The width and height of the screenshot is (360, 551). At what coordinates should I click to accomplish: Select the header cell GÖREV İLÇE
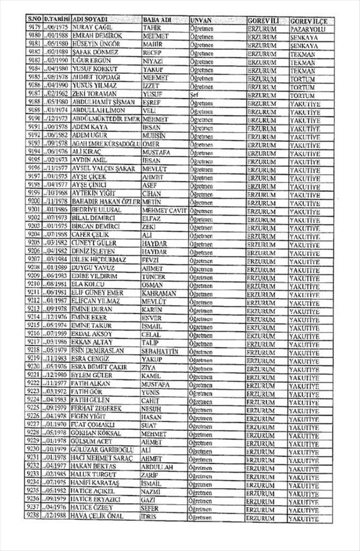click(308, 20)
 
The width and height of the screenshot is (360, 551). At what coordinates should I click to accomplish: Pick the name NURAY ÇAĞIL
click(87, 28)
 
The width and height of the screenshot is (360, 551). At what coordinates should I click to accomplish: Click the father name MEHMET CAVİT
click(164, 209)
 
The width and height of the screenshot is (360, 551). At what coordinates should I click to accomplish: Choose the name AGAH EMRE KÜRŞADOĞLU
click(104, 143)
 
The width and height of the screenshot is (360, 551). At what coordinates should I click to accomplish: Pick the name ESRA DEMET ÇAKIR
click(97, 367)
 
